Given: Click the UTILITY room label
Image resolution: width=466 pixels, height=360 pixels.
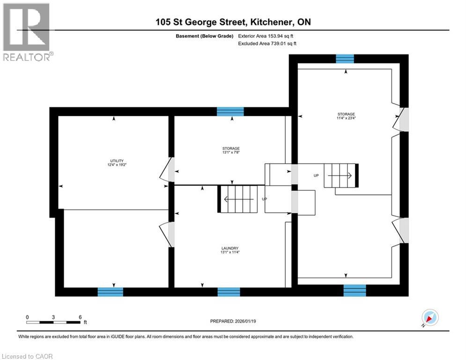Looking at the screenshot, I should click(114, 161).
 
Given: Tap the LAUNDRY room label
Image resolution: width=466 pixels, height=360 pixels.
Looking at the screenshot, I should click(230, 248).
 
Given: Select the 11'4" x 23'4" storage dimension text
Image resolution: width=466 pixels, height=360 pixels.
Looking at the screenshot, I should click(346, 118).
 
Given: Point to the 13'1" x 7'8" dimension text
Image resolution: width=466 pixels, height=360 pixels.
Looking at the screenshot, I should click(230, 152).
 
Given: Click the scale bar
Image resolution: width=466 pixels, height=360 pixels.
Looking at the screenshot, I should click(53, 322).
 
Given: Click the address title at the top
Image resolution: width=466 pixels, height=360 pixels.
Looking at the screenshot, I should click(233, 22).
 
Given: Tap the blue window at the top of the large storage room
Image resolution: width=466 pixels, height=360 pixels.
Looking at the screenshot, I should click(345, 58).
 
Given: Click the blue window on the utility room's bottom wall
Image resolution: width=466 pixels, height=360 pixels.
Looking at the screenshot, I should click(110, 292).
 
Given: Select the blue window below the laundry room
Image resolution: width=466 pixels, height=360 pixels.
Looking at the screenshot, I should click(229, 292).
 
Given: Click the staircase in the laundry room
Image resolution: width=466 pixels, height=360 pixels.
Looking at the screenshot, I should click(239, 199).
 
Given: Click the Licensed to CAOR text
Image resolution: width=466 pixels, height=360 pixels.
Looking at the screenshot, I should click(28, 356).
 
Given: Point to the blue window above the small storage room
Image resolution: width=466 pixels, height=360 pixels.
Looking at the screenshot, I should click(230, 111).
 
